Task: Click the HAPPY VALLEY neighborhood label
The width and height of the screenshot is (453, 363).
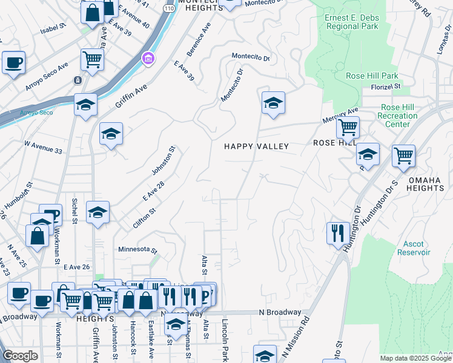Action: coord(256,146)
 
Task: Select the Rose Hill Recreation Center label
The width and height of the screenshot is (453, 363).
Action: coord(398,116)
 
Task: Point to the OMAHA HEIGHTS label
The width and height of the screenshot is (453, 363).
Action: coord(426,184)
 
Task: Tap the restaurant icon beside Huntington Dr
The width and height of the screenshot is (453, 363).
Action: coord(337,233)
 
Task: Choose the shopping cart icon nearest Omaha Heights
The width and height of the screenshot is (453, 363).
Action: coord(403,156)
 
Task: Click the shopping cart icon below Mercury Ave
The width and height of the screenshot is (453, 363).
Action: coord(348,128)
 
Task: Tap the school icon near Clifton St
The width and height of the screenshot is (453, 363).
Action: coord(98,212)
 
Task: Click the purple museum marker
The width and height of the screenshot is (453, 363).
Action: coord(148,59)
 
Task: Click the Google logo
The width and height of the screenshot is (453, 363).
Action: coord(20,356)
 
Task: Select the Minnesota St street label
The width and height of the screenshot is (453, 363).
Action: coord(137,250)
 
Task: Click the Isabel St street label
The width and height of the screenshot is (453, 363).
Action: coord(53,28)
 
